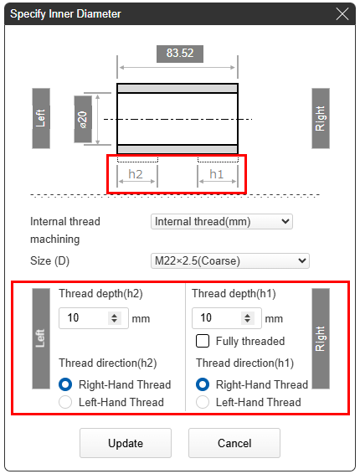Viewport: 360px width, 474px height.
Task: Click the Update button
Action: pyautogui.click(x=126, y=443)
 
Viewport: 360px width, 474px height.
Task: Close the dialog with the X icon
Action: pyautogui.click(x=342, y=14)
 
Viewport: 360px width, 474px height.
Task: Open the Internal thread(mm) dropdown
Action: pyautogui.click(x=222, y=222)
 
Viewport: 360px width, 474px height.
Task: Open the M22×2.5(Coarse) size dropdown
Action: pyautogui.click(x=230, y=260)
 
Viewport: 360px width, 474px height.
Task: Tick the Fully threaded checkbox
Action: pyautogui.click(x=203, y=341)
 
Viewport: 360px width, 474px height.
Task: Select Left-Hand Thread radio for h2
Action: pyautogui.click(x=65, y=402)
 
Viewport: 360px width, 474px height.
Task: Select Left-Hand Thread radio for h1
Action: pyautogui.click(x=203, y=402)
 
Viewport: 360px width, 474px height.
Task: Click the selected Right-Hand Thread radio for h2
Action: pyautogui.click(x=65, y=384)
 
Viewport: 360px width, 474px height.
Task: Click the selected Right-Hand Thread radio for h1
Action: pyautogui.click(x=203, y=384)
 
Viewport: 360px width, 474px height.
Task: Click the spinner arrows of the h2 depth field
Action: pyautogui.click(x=114, y=318)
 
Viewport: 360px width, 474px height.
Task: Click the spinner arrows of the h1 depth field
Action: pyautogui.click(x=247, y=318)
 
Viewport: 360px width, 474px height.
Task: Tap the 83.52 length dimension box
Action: pyautogui.click(x=180, y=54)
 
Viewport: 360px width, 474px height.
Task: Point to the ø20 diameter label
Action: pyautogui.click(x=83, y=119)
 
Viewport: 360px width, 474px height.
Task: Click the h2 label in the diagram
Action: pyautogui.click(x=136, y=174)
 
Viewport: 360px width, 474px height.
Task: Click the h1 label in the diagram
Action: pyautogui.click(x=217, y=174)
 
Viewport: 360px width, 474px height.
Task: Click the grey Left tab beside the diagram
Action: pyautogui.click(x=41, y=118)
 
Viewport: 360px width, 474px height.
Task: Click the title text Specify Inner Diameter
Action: pyautogui.click(x=65, y=14)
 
